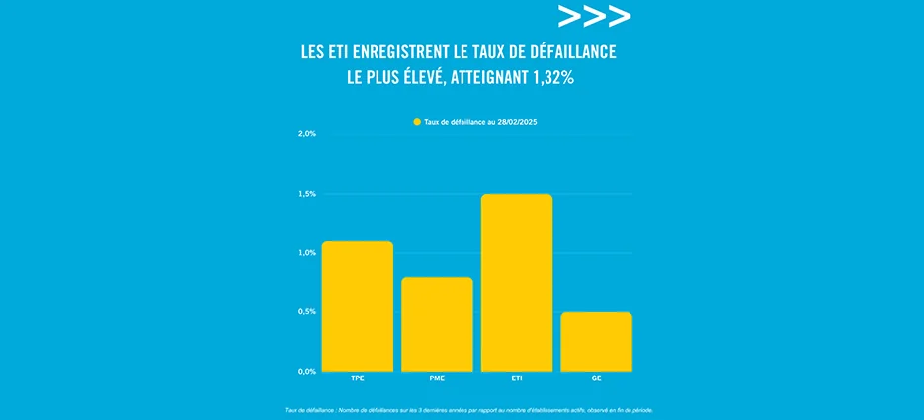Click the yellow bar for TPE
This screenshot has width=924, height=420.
tap(358, 306)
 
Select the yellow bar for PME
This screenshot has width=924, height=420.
tap(437, 324)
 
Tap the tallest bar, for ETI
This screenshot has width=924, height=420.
tap(517, 283)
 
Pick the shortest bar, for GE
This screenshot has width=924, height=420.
tap(596, 342)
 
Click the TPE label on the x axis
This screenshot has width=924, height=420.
tap(358, 378)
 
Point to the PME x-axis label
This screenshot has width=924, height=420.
tap(437, 378)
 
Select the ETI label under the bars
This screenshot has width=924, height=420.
tap(517, 378)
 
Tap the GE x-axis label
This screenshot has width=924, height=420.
tap(596, 378)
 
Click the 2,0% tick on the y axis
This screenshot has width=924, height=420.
tap(306, 133)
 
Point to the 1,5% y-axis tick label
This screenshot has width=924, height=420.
tap(306, 194)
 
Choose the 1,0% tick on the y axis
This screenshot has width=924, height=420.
tap(306, 253)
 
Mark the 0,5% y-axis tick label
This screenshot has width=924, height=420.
tap(306, 312)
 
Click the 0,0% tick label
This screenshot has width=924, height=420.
tap(306, 372)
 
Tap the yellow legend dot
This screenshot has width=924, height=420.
tap(417, 122)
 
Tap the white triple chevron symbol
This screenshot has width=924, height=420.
tap(594, 17)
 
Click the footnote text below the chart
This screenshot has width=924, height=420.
tap(468, 409)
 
